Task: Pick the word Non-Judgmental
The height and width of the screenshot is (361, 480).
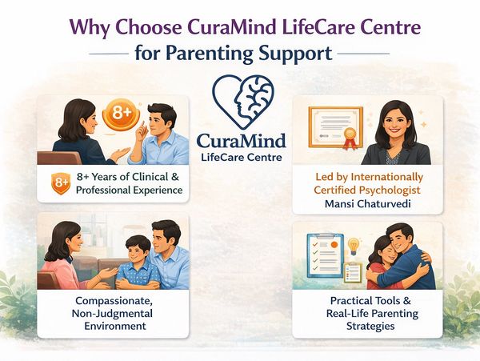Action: tap(112, 314)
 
